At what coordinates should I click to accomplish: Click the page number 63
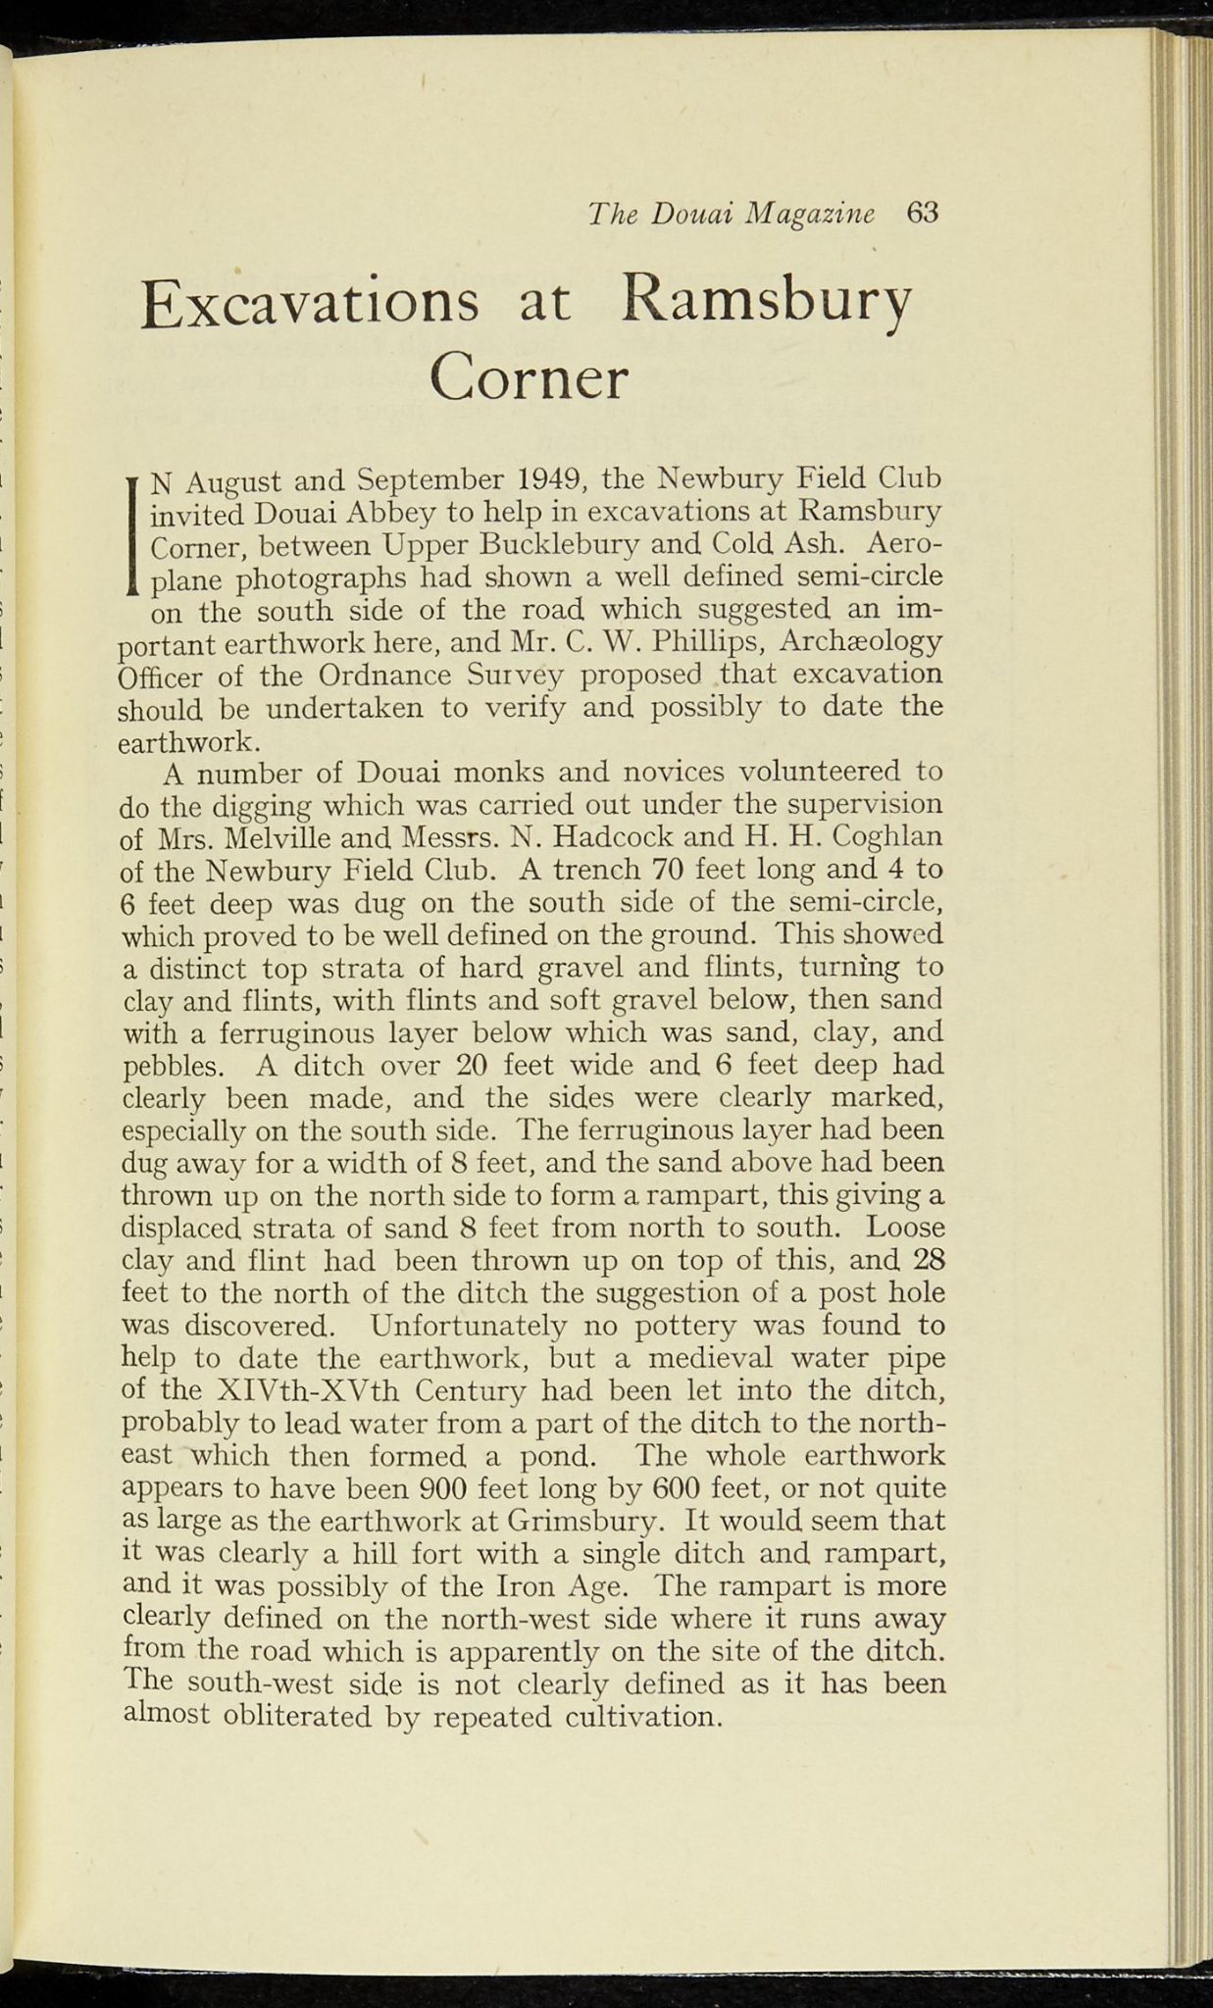923,214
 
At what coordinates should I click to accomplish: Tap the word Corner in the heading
529,379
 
